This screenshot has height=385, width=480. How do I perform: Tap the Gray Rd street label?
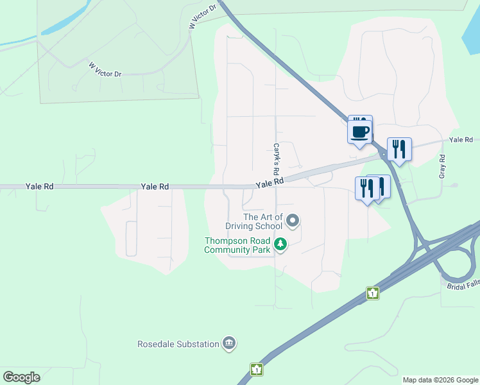442,166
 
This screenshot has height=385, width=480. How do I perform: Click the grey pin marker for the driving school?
293,221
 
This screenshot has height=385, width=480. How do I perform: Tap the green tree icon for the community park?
280,244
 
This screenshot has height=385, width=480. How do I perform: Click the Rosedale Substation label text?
178,344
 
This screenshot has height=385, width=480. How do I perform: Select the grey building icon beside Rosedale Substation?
228,344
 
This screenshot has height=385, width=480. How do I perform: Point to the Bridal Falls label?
463,284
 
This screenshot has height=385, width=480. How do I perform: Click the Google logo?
21,377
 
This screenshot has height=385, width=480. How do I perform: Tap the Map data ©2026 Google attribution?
440,380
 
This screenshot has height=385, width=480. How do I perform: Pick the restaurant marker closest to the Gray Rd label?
399,150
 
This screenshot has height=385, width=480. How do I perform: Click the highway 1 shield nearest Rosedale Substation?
257,370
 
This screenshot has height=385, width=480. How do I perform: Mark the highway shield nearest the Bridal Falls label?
373,293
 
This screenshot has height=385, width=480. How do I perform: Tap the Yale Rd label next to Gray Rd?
461,140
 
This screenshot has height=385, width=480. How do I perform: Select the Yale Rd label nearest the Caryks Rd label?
270,184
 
